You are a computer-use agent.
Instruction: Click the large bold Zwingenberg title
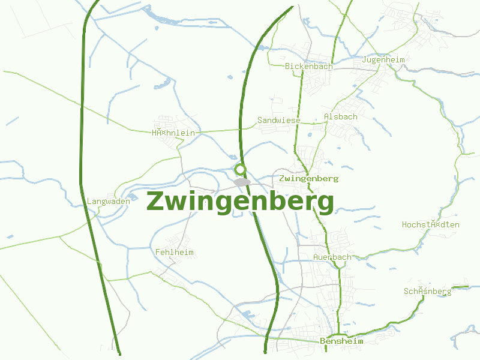tap(240, 202)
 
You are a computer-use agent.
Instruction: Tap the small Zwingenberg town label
tap(309, 178)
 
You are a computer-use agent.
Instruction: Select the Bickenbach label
tap(309, 66)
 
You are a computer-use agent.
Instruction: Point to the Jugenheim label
tap(383, 60)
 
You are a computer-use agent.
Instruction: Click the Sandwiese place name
tap(278, 121)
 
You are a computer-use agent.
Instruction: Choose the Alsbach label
tap(340, 116)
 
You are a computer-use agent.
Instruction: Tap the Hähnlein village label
tap(173, 133)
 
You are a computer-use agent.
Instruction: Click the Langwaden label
tap(109, 202)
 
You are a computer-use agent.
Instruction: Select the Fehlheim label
tap(174, 252)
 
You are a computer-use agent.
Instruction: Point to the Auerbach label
tap(332, 257)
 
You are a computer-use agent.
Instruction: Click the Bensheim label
tap(342, 341)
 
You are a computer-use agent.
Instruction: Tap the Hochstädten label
tap(430, 224)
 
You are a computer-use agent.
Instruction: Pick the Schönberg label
tap(427, 292)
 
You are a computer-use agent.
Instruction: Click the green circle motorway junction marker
tap(240, 169)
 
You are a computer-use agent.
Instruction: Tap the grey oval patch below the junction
tap(242, 182)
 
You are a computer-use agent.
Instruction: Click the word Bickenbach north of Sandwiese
tap(309, 66)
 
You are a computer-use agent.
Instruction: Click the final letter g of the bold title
tap(325, 204)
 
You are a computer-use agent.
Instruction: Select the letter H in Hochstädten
tap(404, 224)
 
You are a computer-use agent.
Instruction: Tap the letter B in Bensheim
tap(323, 341)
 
